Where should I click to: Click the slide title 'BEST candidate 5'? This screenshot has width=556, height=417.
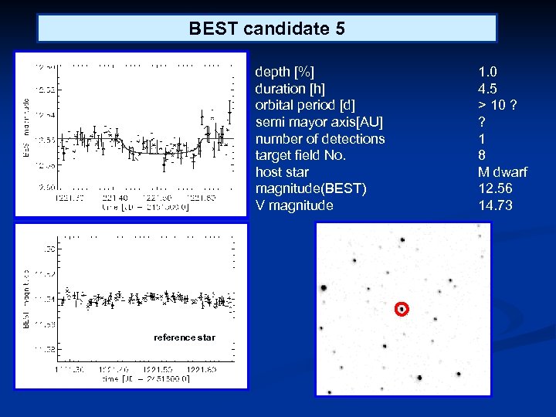[266, 29]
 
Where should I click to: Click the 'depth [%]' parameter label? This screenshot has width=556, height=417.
[285, 71]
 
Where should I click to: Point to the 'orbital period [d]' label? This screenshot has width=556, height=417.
[305, 105]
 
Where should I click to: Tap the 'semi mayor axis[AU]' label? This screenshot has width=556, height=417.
[319, 122]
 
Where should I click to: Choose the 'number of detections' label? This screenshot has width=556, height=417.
[320, 139]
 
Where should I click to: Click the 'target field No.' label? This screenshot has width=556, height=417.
[300, 155]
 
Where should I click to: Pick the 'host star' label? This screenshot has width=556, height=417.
[282, 172]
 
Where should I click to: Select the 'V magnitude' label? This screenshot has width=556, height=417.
[294, 205]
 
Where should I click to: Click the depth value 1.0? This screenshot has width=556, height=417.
[487, 71]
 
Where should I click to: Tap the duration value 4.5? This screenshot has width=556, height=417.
[487, 88]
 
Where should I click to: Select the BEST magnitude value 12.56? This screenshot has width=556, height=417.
[495, 188]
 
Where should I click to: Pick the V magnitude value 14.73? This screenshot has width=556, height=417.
[495, 205]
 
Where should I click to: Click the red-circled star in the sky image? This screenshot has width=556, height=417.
[401, 310]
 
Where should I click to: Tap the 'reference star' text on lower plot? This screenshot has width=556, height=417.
[185, 337]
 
